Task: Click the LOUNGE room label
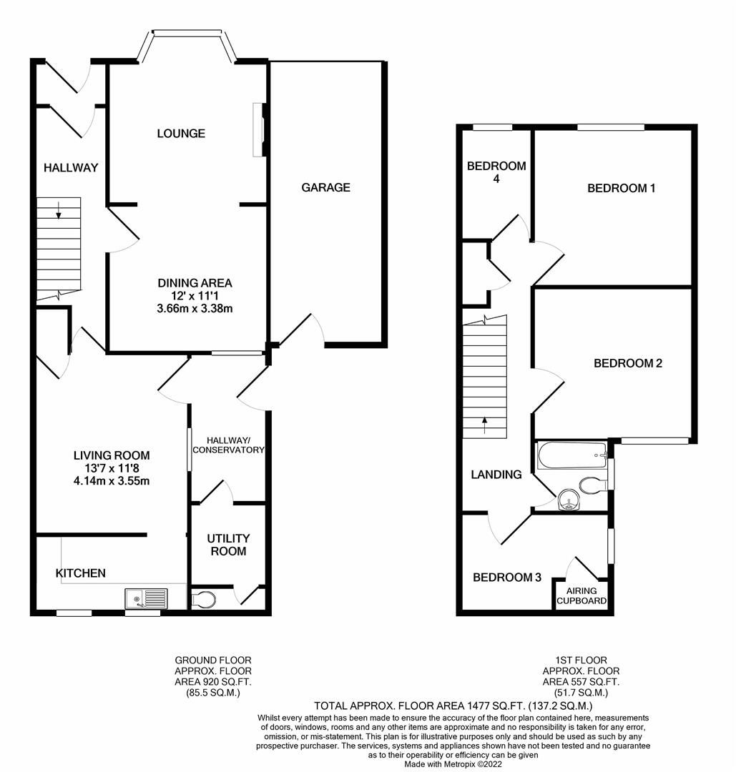click(181, 134)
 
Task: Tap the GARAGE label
click(325, 187)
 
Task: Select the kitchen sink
click(146, 598)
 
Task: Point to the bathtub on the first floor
click(571, 453)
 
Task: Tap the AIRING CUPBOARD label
click(582, 596)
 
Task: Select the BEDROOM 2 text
click(627, 363)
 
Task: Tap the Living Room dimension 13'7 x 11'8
click(112, 468)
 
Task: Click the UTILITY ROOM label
click(227, 544)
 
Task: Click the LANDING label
click(496, 475)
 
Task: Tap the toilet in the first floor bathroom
click(593, 485)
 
